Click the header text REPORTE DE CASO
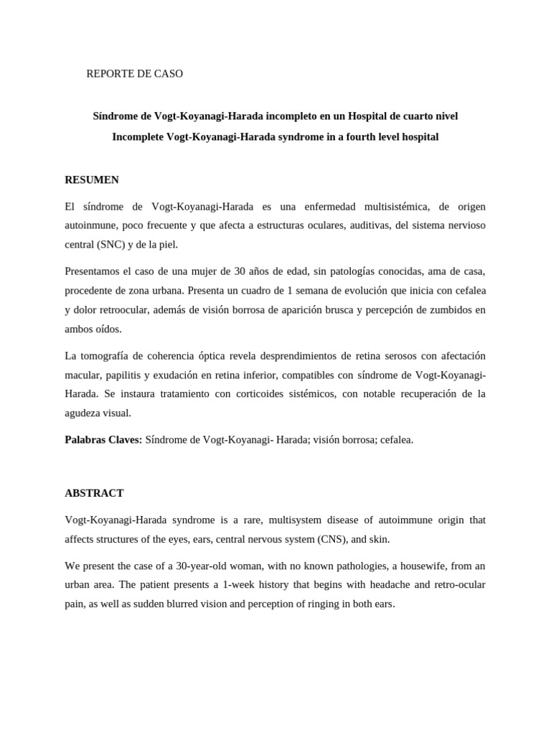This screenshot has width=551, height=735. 134,74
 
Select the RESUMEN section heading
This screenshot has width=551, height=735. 92,180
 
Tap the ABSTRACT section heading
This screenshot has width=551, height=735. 94,493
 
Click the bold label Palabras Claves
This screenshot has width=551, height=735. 103,439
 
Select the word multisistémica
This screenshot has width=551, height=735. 393,207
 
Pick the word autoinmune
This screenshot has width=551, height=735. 91,225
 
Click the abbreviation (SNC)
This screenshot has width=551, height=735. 111,245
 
